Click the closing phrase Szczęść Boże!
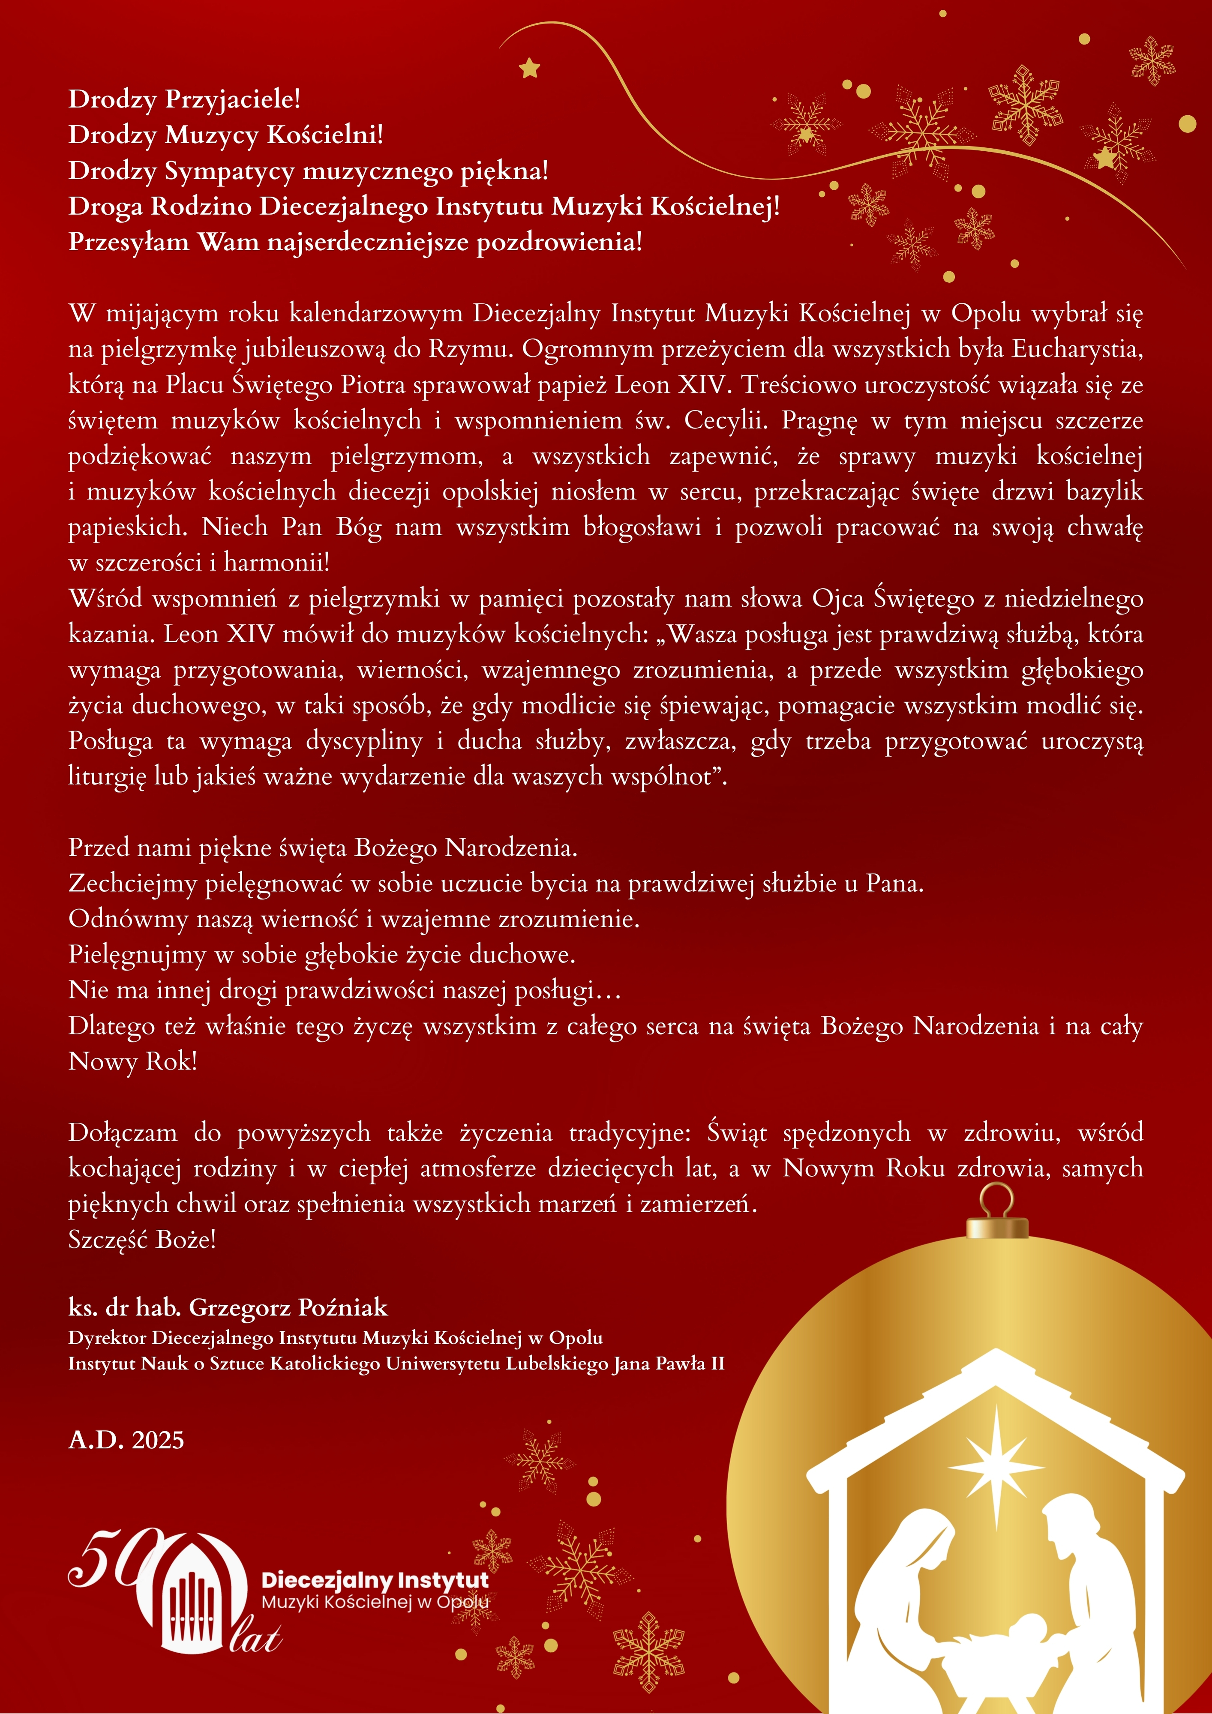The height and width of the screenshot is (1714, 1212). [x=142, y=1239]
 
